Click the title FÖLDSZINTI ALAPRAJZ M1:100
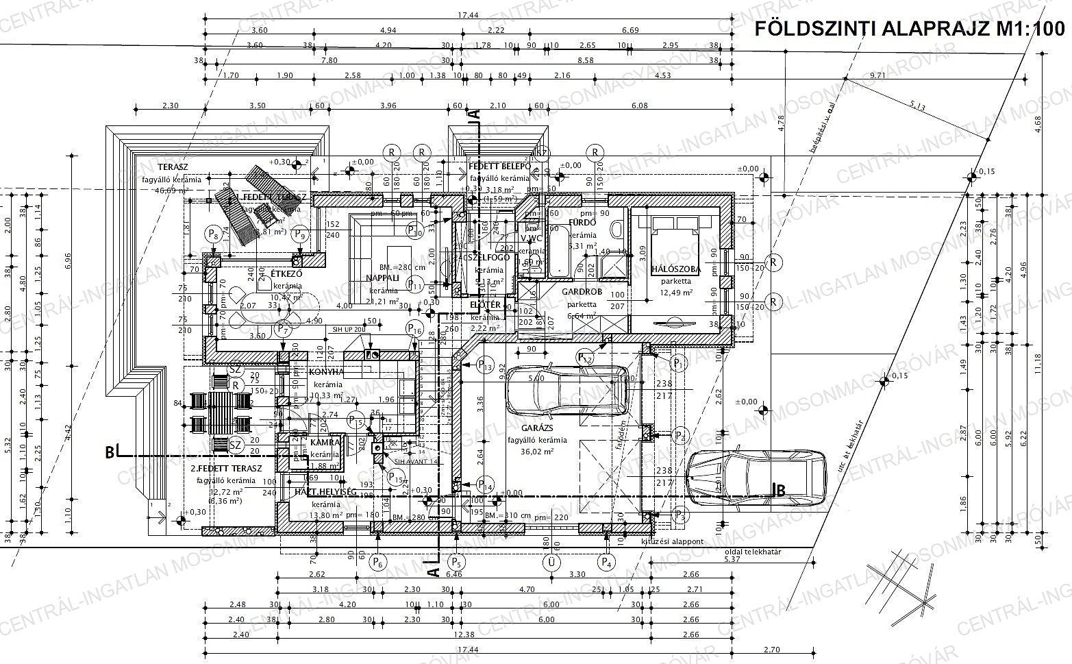tap(909, 29)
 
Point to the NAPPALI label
tap(382, 278)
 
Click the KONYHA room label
tap(326, 372)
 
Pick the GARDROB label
tap(582, 291)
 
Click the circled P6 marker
tap(377, 563)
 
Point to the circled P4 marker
tap(606, 563)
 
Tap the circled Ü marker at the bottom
tap(549, 563)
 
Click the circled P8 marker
tap(214, 235)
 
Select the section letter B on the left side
tap(109, 452)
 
